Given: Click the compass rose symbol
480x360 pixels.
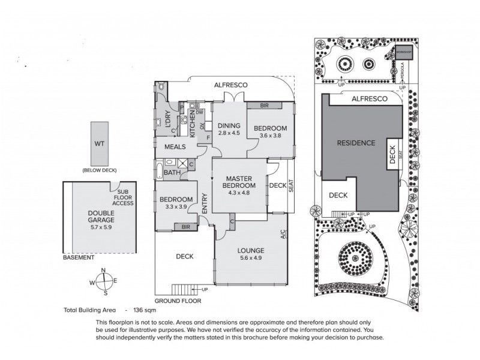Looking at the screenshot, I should point(104,281).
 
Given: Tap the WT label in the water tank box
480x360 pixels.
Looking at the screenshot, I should point(99,144).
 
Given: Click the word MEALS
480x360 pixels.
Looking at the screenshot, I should point(174,147).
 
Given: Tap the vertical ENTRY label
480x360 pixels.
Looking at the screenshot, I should point(205,203).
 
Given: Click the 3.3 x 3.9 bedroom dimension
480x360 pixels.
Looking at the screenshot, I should point(176,207).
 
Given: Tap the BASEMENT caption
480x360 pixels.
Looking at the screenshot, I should point(78,257).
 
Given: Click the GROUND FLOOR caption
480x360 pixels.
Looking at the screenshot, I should point(178,301).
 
